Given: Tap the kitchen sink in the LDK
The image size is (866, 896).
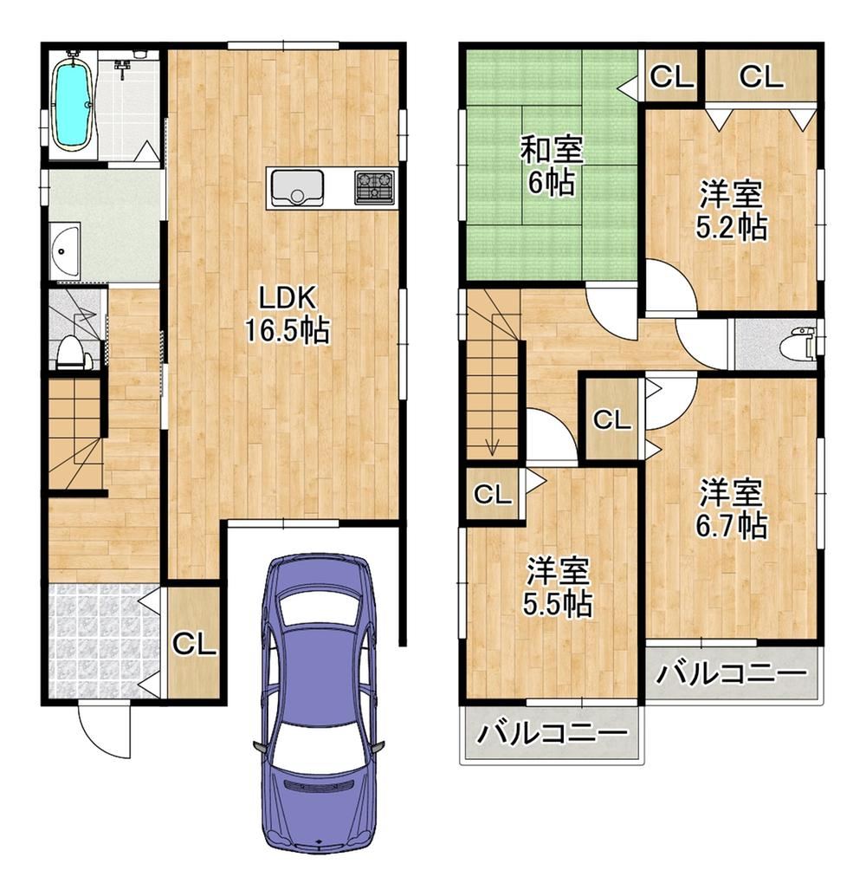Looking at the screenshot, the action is point(296,187).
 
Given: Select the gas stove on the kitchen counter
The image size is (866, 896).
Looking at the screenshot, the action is point(375,187).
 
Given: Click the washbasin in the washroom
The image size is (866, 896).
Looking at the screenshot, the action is point(64,252).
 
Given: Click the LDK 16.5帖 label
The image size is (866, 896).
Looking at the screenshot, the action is point(288,315).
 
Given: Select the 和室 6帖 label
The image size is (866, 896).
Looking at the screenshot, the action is point(551,166).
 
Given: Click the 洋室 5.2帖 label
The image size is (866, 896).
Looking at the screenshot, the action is point(731,211).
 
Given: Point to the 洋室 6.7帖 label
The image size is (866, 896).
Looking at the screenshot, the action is point(731,510).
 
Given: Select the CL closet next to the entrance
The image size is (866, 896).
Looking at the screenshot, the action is point(194,644).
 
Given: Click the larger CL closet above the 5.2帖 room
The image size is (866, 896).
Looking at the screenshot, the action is point(760,76).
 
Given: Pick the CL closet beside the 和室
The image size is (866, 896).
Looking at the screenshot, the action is point(671,76).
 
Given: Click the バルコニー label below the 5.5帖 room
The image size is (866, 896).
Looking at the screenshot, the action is point(552,734).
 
